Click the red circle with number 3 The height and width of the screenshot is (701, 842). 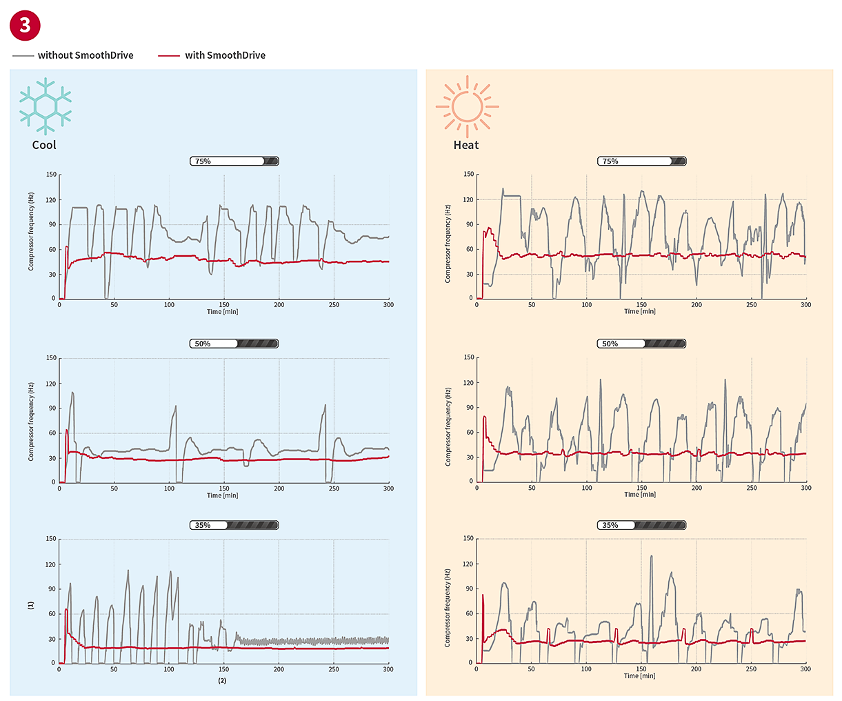coord(26,26)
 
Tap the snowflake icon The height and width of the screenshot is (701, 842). coord(46,106)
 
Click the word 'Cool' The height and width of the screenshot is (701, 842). coord(44,145)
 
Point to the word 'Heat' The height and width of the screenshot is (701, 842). coord(466,145)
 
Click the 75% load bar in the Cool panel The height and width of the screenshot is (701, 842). coord(234,161)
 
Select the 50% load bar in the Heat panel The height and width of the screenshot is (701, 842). coord(641,344)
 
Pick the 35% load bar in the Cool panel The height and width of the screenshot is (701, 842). coord(234,525)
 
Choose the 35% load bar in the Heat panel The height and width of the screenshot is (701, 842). coord(641,525)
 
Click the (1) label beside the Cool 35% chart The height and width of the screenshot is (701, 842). coord(30,605)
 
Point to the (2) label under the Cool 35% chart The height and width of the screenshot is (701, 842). coord(222,681)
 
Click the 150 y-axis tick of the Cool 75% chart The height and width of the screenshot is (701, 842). coord(51,175)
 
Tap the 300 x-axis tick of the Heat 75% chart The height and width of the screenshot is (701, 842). coord(805,304)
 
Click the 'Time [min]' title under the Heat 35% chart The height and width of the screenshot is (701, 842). coord(639,676)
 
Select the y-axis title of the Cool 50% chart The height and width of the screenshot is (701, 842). coord(31,422)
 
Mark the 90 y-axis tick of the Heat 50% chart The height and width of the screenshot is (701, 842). coord(469,408)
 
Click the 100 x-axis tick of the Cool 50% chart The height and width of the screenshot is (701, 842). coord(169,488)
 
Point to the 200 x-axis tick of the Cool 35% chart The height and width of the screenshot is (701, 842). coord(279,669)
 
